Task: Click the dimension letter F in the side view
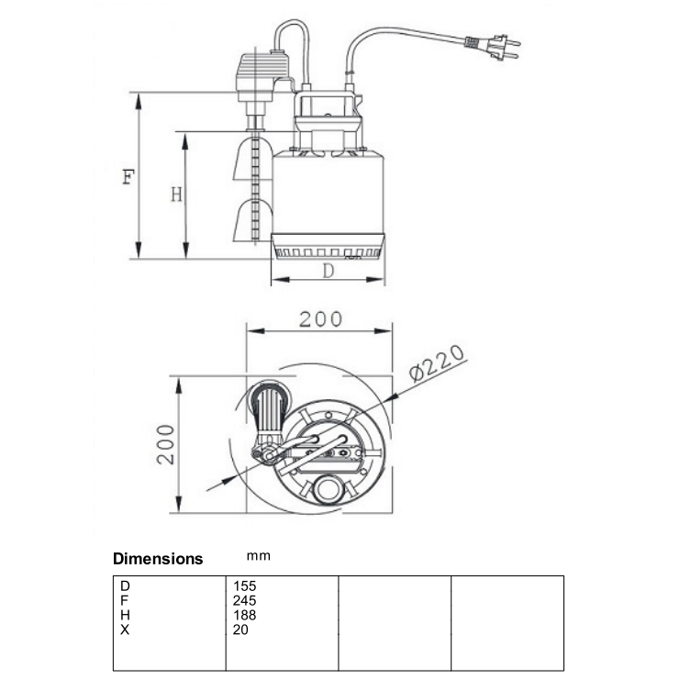(128, 176)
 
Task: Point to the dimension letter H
(176, 195)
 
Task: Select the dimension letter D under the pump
(328, 272)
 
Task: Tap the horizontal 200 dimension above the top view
(320, 319)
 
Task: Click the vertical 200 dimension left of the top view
(165, 444)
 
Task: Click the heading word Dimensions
(158, 559)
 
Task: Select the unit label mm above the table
(259, 556)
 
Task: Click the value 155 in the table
(245, 585)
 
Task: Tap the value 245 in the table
(245, 600)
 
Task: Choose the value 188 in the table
(245, 615)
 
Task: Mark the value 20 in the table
(241, 630)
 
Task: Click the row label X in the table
(124, 630)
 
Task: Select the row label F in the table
(124, 600)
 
